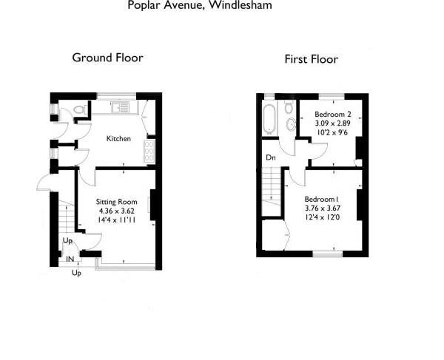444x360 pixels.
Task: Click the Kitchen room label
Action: [x=118, y=138]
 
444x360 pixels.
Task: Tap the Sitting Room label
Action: [x=117, y=202]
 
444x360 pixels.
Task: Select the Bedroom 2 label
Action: [x=333, y=115]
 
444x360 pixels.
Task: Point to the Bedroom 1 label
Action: [x=322, y=199]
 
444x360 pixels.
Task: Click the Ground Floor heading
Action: [x=107, y=58]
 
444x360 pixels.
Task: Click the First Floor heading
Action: [x=312, y=59]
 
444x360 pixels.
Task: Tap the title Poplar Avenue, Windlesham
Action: [x=200, y=5]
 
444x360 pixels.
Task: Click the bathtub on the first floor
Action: [x=269, y=119]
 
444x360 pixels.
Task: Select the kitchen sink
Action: [x=121, y=107]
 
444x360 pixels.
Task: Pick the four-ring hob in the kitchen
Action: [x=149, y=152]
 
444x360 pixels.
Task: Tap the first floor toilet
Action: [x=289, y=106]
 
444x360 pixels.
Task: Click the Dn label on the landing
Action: [x=271, y=157]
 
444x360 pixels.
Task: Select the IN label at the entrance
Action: [x=70, y=259]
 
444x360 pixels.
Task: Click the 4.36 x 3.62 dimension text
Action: [x=117, y=211]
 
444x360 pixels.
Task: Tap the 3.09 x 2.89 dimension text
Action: [x=333, y=123]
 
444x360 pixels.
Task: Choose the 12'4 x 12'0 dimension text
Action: [x=322, y=217]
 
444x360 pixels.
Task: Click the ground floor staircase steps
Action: [x=67, y=217]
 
